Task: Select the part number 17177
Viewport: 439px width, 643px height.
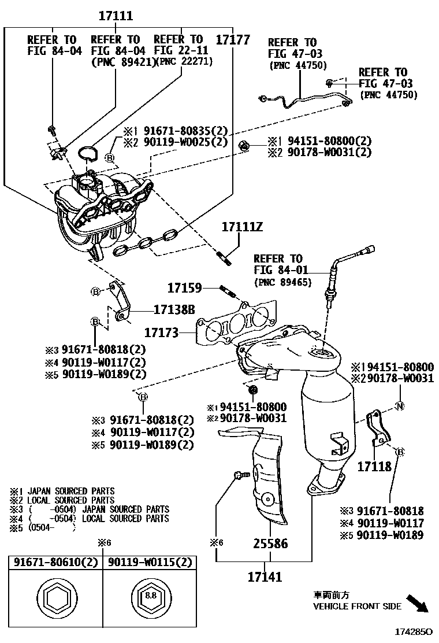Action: pyautogui.click(x=233, y=40)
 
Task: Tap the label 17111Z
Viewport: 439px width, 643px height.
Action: pyautogui.click(x=242, y=227)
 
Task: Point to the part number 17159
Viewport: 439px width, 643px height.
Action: pyautogui.click(x=184, y=287)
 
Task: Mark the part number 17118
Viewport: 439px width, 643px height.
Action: pyautogui.click(x=374, y=466)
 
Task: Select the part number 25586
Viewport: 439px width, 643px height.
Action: pyautogui.click(x=270, y=544)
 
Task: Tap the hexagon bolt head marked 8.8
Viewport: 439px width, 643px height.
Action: pyautogui.click(x=149, y=596)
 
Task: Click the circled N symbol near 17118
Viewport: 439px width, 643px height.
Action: pyautogui.click(x=399, y=406)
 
